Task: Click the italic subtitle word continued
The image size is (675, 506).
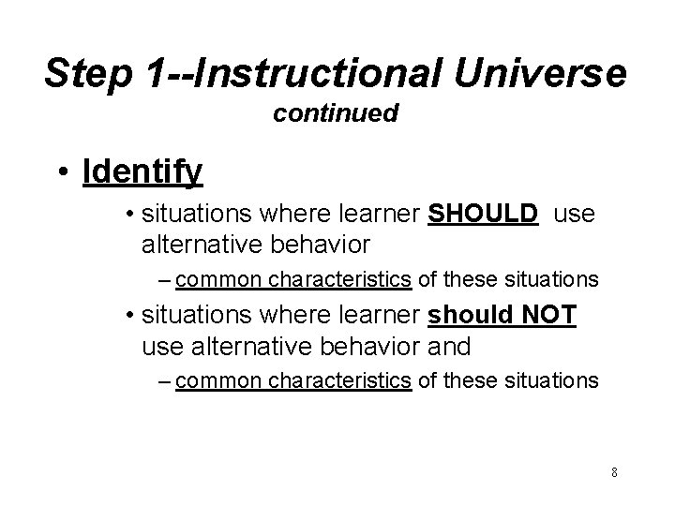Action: coord(337,114)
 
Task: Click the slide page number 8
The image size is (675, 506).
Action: coord(613,471)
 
